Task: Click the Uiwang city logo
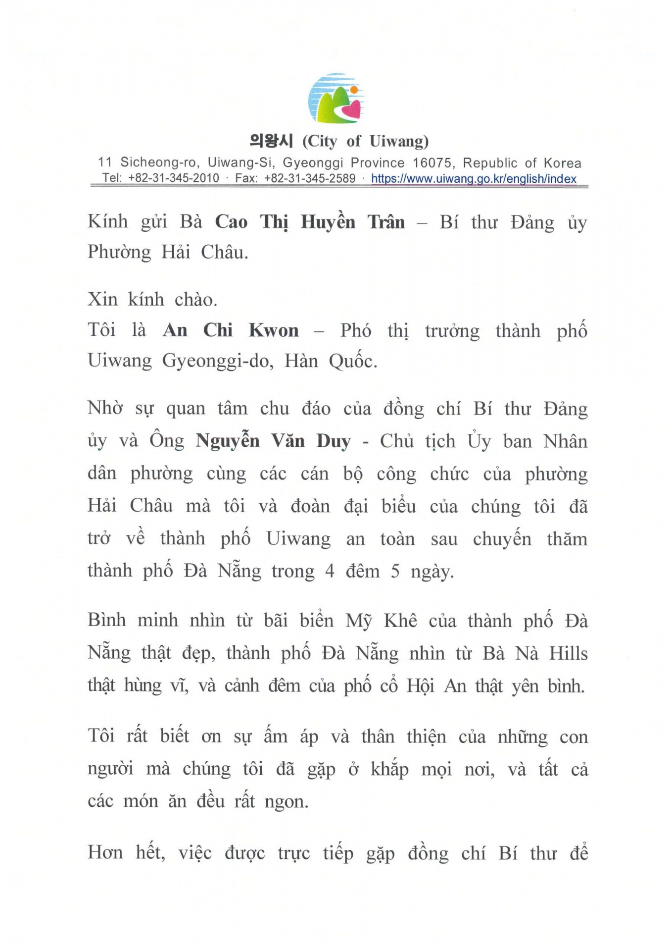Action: click(x=336, y=98)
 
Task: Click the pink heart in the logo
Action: click(x=352, y=109)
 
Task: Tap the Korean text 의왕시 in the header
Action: click(x=271, y=142)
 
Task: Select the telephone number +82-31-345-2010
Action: click(x=173, y=178)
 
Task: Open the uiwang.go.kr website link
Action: click(x=474, y=179)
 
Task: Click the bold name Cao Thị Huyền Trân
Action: click(x=310, y=222)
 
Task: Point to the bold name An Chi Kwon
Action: click(x=231, y=330)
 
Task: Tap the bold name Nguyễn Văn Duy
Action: click(x=273, y=441)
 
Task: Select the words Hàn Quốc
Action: click(x=330, y=362)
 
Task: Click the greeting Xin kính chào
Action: click(x=152, y=300)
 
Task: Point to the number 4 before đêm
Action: click(x=330, y=572)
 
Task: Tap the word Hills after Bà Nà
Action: click(x=568, y=654)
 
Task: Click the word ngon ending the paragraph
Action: click(x=286, y=802)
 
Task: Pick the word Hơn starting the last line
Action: click(x=105, y=852)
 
